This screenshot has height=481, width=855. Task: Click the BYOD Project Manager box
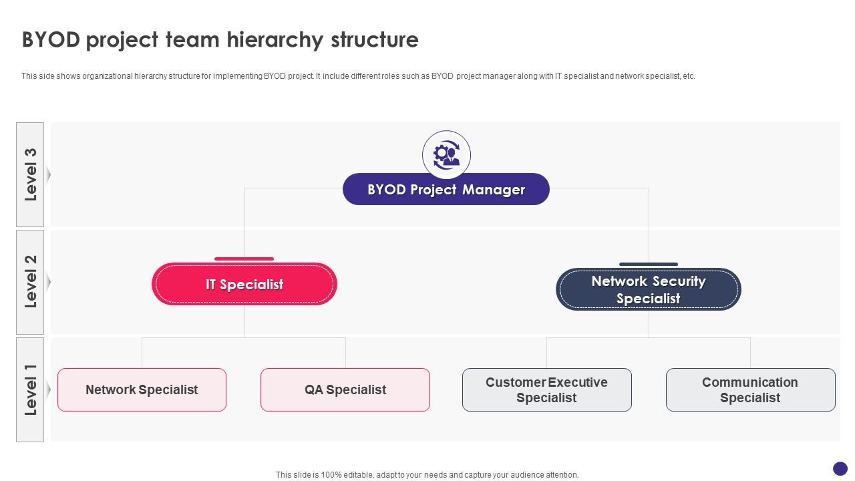(446, 189)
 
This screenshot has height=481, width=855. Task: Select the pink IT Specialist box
(244, 284)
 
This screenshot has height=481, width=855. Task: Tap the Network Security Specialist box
(648, 289)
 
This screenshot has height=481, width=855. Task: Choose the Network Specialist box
(142, 389)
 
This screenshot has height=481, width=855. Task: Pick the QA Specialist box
(345, 389)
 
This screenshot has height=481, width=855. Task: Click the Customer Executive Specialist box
(546, 389)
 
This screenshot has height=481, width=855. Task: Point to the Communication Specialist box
(750, 389)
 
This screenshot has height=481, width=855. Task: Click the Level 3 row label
(30, 174)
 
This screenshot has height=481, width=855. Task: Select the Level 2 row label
(30, 282)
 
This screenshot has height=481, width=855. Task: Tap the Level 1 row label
(30, 389)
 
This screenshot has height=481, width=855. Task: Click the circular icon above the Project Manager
(446, 155)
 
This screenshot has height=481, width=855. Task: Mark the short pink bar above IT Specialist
(244, 259)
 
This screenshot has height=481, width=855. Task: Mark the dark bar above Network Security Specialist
(648, 264)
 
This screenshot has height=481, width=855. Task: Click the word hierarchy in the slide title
(275, 40)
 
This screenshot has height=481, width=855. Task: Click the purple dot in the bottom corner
(840, 468)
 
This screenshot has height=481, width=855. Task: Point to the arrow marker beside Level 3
(48, 174)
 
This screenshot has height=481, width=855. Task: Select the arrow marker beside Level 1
(48, 389)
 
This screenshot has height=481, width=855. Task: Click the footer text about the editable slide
(427, 475)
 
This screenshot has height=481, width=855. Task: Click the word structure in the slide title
(375, 40)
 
